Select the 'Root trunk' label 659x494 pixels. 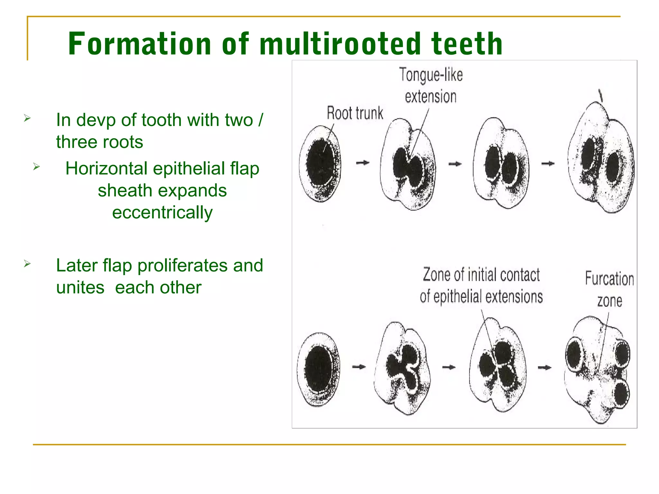point(355,113)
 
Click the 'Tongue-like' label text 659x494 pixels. point(431,75)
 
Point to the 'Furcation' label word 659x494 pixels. point(609,279)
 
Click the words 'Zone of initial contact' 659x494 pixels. point(481,275)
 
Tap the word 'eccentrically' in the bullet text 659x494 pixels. point(162,213)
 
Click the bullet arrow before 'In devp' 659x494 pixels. point(27,118)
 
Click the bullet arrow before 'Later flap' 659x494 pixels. point(27,264)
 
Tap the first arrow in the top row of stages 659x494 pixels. point(363,163)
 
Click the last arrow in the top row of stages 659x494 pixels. point(548,164)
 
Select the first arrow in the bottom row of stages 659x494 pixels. point(359,367)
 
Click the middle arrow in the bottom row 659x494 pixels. point(449,367)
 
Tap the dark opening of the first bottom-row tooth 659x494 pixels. point(318,369)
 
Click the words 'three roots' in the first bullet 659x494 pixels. point(99,142)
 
